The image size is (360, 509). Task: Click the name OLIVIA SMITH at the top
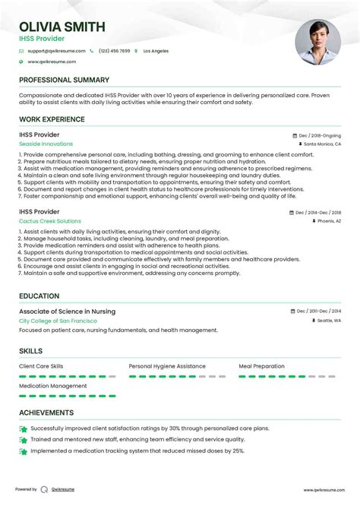62,27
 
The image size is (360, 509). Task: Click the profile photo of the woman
317,42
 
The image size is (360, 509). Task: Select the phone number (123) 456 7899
114,51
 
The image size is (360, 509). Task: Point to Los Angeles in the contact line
156,51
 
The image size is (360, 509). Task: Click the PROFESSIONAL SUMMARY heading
64,80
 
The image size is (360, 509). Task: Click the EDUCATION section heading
39,296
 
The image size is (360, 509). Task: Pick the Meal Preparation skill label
262,366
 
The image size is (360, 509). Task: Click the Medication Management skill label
53,386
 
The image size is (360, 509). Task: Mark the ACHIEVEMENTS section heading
46,413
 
